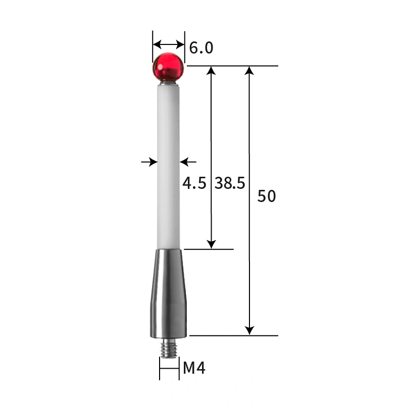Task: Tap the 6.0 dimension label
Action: pyautogui.click(x=201, y=48)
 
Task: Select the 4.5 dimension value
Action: pyautogui.click(x=194, y=183)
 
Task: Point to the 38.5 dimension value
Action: pyautogui.click(x=230, y=183)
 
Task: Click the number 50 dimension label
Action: pyautogui.click(x=267, y=196)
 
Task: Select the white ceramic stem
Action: pyautogui.click(x=168, y=162)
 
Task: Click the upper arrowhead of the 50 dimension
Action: pyautogui.click(x=249, y=71)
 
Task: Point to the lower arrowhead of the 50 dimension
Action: pyautogui.click(x=249, y=330)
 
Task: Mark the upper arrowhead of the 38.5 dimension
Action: pyautogui.click(x=212, y=71)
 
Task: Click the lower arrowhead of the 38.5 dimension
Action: pyautogui.click(x=212, y=244)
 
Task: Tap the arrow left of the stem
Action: pyautogui.click(x=149, y=162)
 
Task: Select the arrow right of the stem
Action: pyautogui.click(x=188, y=162)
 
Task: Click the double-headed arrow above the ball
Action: pyautogui.click(x=169, y=43)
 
